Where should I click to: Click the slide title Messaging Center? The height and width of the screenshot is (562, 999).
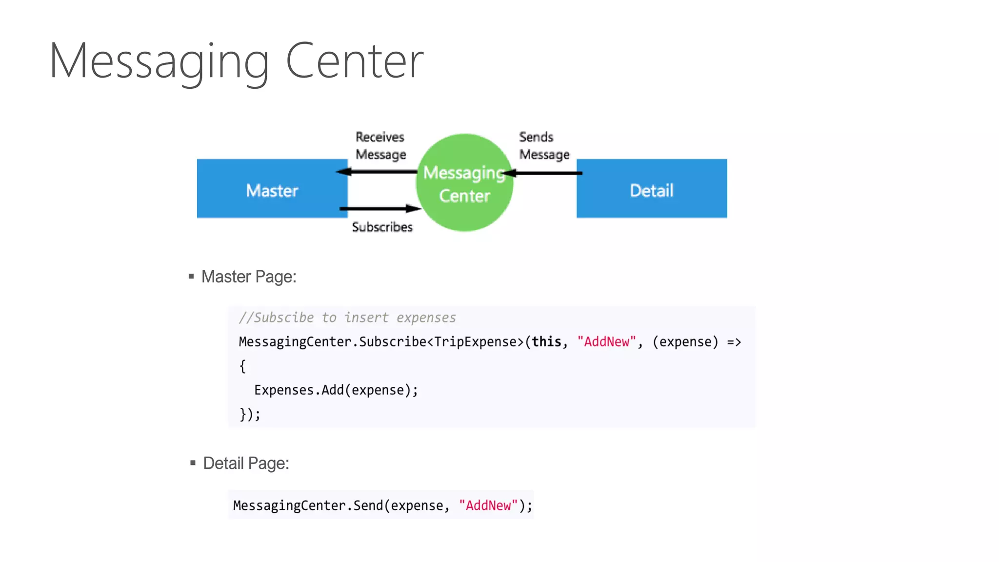pos(237,61)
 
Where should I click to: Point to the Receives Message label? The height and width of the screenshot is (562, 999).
pos(380,145)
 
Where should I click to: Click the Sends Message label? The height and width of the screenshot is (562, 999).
pos(544,145)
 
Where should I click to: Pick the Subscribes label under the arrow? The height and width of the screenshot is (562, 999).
pos(382,227)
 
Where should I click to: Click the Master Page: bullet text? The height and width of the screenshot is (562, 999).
pos(249,277)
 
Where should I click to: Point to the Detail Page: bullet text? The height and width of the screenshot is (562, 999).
pos(246,463)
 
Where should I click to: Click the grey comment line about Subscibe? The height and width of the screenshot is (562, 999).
pos(347,318)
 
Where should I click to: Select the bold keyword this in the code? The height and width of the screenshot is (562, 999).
pos(546,341)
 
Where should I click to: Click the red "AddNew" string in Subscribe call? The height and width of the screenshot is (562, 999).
pos(606,341)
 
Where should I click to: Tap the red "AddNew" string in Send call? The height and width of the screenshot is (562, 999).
pos(488,505)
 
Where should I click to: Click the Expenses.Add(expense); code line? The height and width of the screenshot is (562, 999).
pos(336,390)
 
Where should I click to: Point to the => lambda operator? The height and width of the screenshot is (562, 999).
pos(734,341)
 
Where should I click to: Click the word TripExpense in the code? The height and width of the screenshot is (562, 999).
pos(479,341)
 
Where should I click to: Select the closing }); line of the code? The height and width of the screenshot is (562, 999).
pos(250,414)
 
